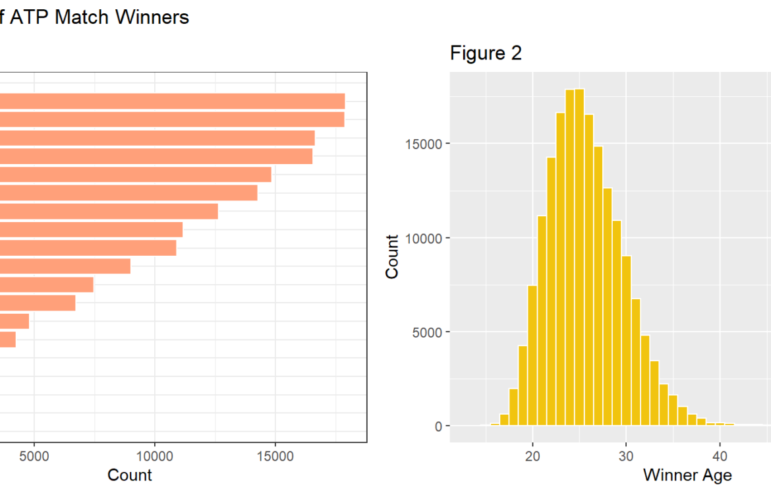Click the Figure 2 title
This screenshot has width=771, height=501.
tap(486, 53)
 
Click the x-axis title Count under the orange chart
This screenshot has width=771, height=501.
tap(130, 475)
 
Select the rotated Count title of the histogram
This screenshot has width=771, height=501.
tap(393, 256)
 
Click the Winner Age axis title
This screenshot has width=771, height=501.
tap(687, 475)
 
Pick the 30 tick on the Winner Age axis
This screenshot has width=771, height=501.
tap(626, 456)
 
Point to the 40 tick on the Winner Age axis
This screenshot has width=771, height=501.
tap(720, 456)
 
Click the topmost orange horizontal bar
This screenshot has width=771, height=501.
tap(171, 101)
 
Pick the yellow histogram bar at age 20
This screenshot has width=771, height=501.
tap(532, 356)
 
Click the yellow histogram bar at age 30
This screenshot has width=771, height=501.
tap(626, 343)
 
